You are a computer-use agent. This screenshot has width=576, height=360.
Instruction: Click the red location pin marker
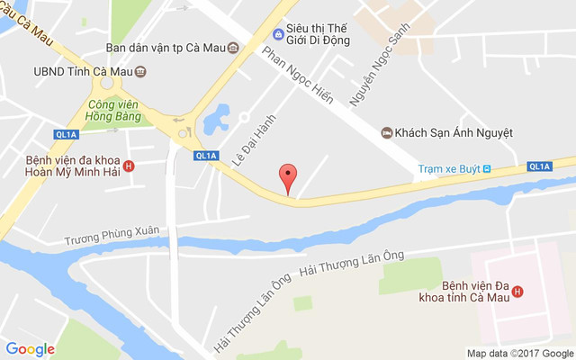[x=287, y=176]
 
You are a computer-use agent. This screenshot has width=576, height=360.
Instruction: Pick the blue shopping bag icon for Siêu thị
[x=278, y=34]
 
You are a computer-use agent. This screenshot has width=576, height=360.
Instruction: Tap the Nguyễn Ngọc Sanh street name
[x=373, y=67]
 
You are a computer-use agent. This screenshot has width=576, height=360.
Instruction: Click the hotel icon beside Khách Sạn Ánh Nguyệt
[x=386, y=132]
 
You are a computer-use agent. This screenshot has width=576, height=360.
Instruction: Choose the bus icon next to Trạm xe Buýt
[x=487, y=168]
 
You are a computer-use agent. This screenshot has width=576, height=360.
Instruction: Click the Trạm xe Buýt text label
[x=448, y=168]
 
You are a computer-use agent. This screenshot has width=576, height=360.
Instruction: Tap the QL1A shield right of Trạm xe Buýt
[x=539, y=166]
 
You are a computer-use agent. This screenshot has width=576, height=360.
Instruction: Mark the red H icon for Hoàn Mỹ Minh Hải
[x=129, y=166]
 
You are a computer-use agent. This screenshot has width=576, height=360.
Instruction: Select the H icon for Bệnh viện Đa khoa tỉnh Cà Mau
[x=517, y=290]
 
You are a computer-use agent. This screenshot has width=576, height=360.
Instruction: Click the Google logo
[x=31, y=348]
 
